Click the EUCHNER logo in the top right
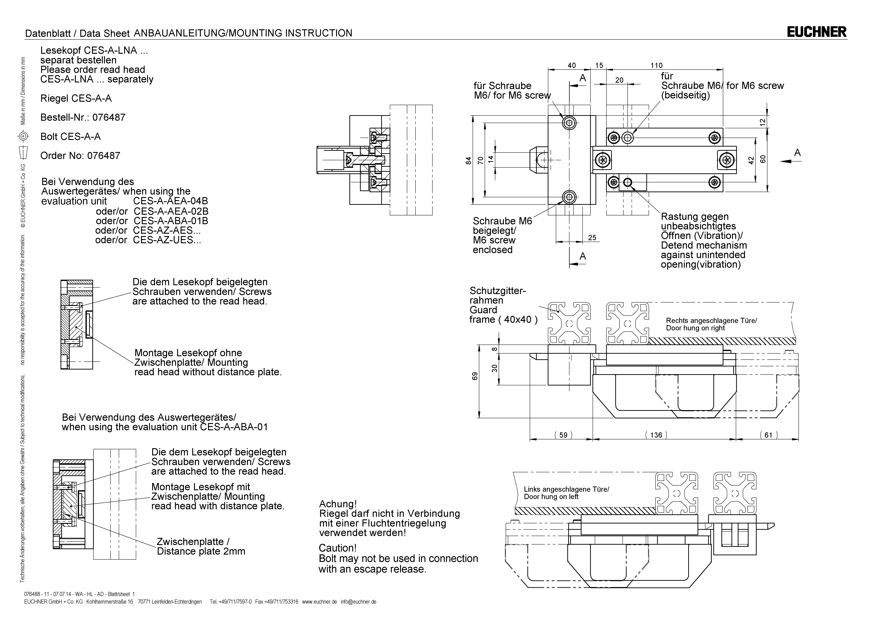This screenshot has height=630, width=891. coord(816,32)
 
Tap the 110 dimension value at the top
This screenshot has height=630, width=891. coord(657,66)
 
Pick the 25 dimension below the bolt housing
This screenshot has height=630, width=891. coord(592,237)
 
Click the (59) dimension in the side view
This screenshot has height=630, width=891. coord(563,435)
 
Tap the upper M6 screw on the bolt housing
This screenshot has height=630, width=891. coord(569,123)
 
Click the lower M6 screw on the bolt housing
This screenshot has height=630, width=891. coord(569,197)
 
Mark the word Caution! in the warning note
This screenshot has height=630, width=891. coord(337,548)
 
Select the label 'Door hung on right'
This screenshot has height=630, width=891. coord(695,328)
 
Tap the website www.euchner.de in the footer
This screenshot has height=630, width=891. coord(319,602)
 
